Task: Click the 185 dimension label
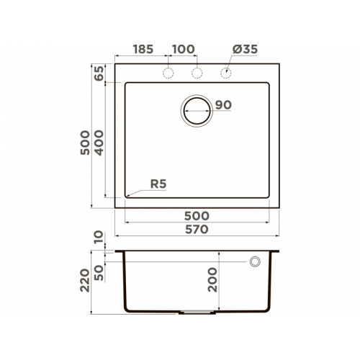pos(143,49)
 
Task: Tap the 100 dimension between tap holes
pos(184,49)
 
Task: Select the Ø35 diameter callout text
pos(245,49)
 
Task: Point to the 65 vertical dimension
pos(99,73)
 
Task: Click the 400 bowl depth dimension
pos(99,143)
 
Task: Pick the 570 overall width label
pos(197,230)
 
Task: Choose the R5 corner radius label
pos(158,184)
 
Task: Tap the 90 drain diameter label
pos(223,105)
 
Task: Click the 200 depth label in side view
pos(212,280)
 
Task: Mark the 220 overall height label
pos(85,280)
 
